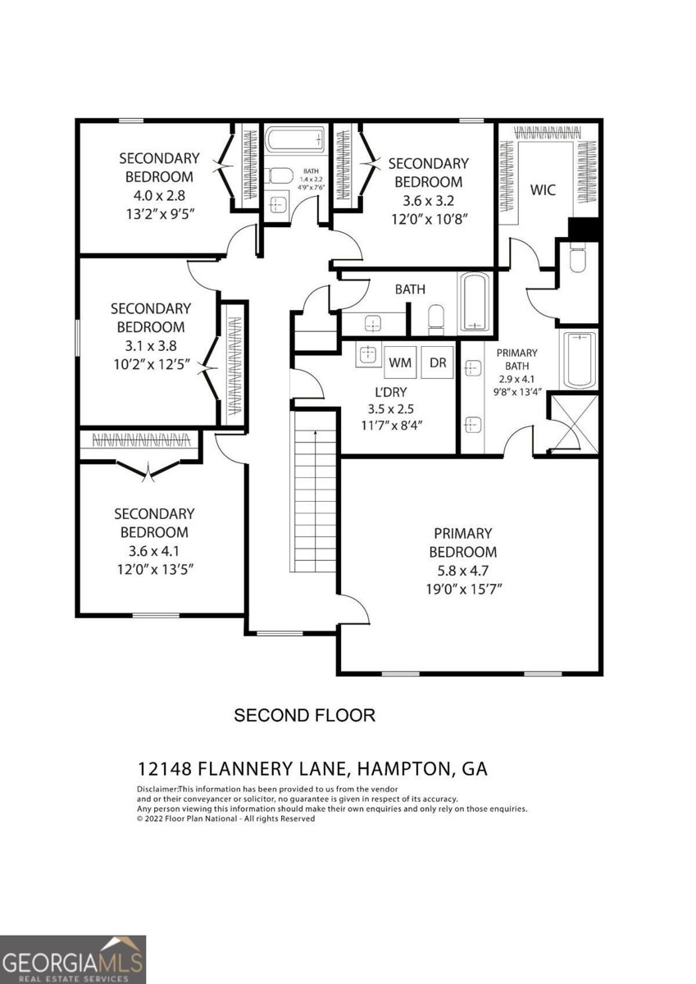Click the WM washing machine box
[x=400, y=362]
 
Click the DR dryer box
[x=438, y=362]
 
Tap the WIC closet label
[x=543, y=190]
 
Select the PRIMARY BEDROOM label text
[x=463, y=543]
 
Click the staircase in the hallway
[x=314, y=492]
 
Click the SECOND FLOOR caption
[x=305, y=715]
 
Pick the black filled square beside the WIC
[x=585, y=230]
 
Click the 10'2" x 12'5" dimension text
[x=151, y=363]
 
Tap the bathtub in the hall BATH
[x=474, y=302]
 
